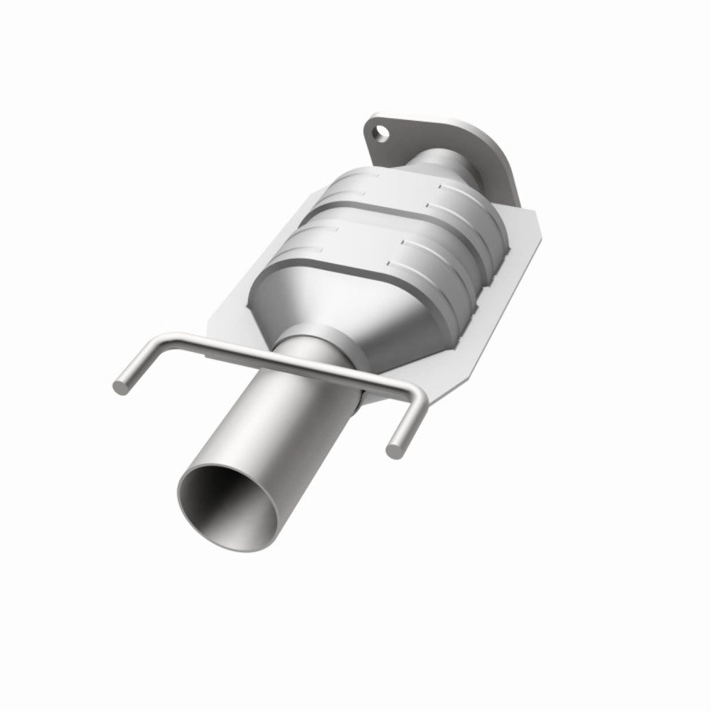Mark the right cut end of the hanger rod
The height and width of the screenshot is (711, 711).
tap(392, 448)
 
